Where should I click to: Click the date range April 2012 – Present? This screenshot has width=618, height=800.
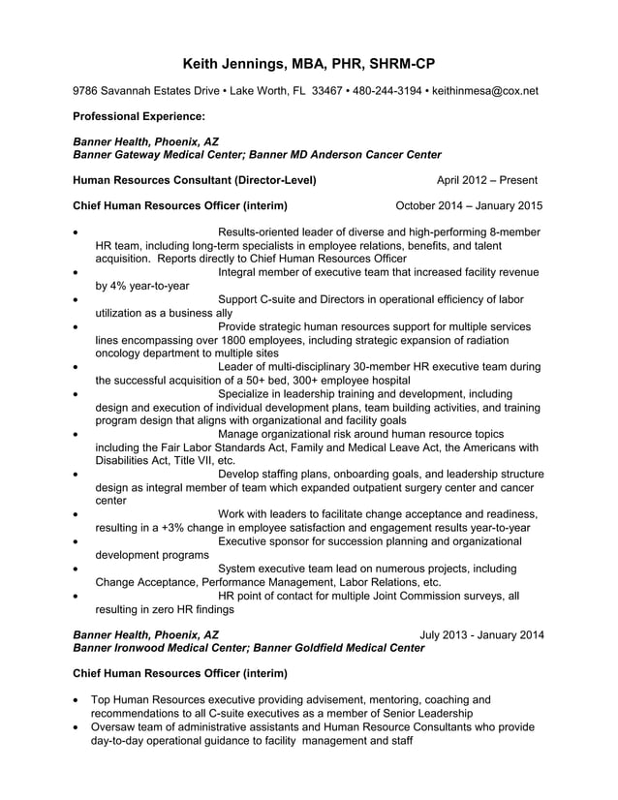(486, 180)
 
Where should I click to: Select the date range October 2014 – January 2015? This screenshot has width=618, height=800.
(470, 205)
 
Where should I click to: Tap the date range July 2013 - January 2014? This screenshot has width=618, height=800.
(481, 634)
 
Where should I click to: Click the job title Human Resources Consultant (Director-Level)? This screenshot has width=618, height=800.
(195, 180)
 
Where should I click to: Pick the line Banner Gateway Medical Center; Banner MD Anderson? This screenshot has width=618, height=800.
(258, 154)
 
